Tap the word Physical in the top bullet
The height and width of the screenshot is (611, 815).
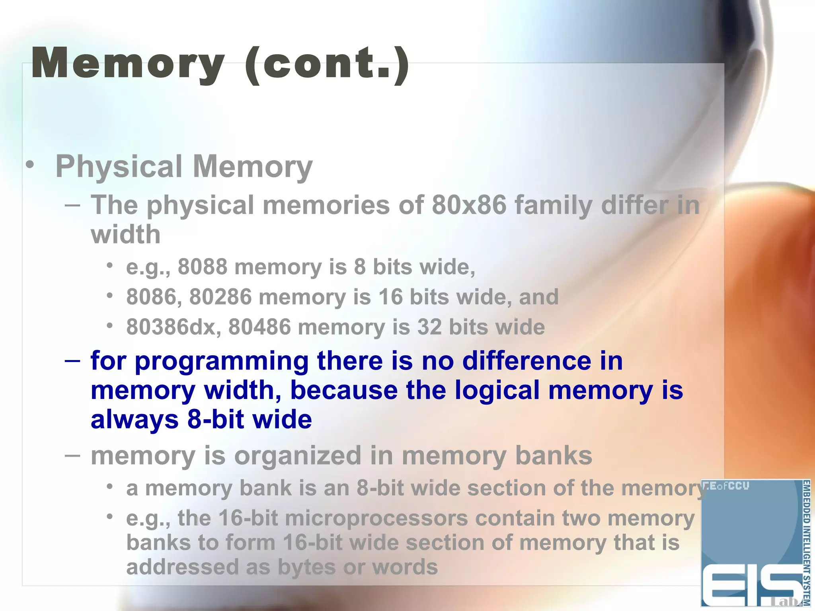coord(119,166)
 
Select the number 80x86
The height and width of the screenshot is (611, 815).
coord(468,205)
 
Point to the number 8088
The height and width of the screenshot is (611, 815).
coord(202,267)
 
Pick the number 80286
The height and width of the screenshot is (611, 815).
coord(220,297)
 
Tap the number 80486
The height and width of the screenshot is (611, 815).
coord(259,327)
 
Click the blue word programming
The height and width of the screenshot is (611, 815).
coord(222,362)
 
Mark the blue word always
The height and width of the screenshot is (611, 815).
coord(135,420)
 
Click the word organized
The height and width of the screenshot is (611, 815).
coord(298,455)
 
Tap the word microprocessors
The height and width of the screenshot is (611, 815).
coord(376,519)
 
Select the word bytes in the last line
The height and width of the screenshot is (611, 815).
coord(306,568)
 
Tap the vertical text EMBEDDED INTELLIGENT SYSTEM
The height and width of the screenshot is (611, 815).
coord(806,543)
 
